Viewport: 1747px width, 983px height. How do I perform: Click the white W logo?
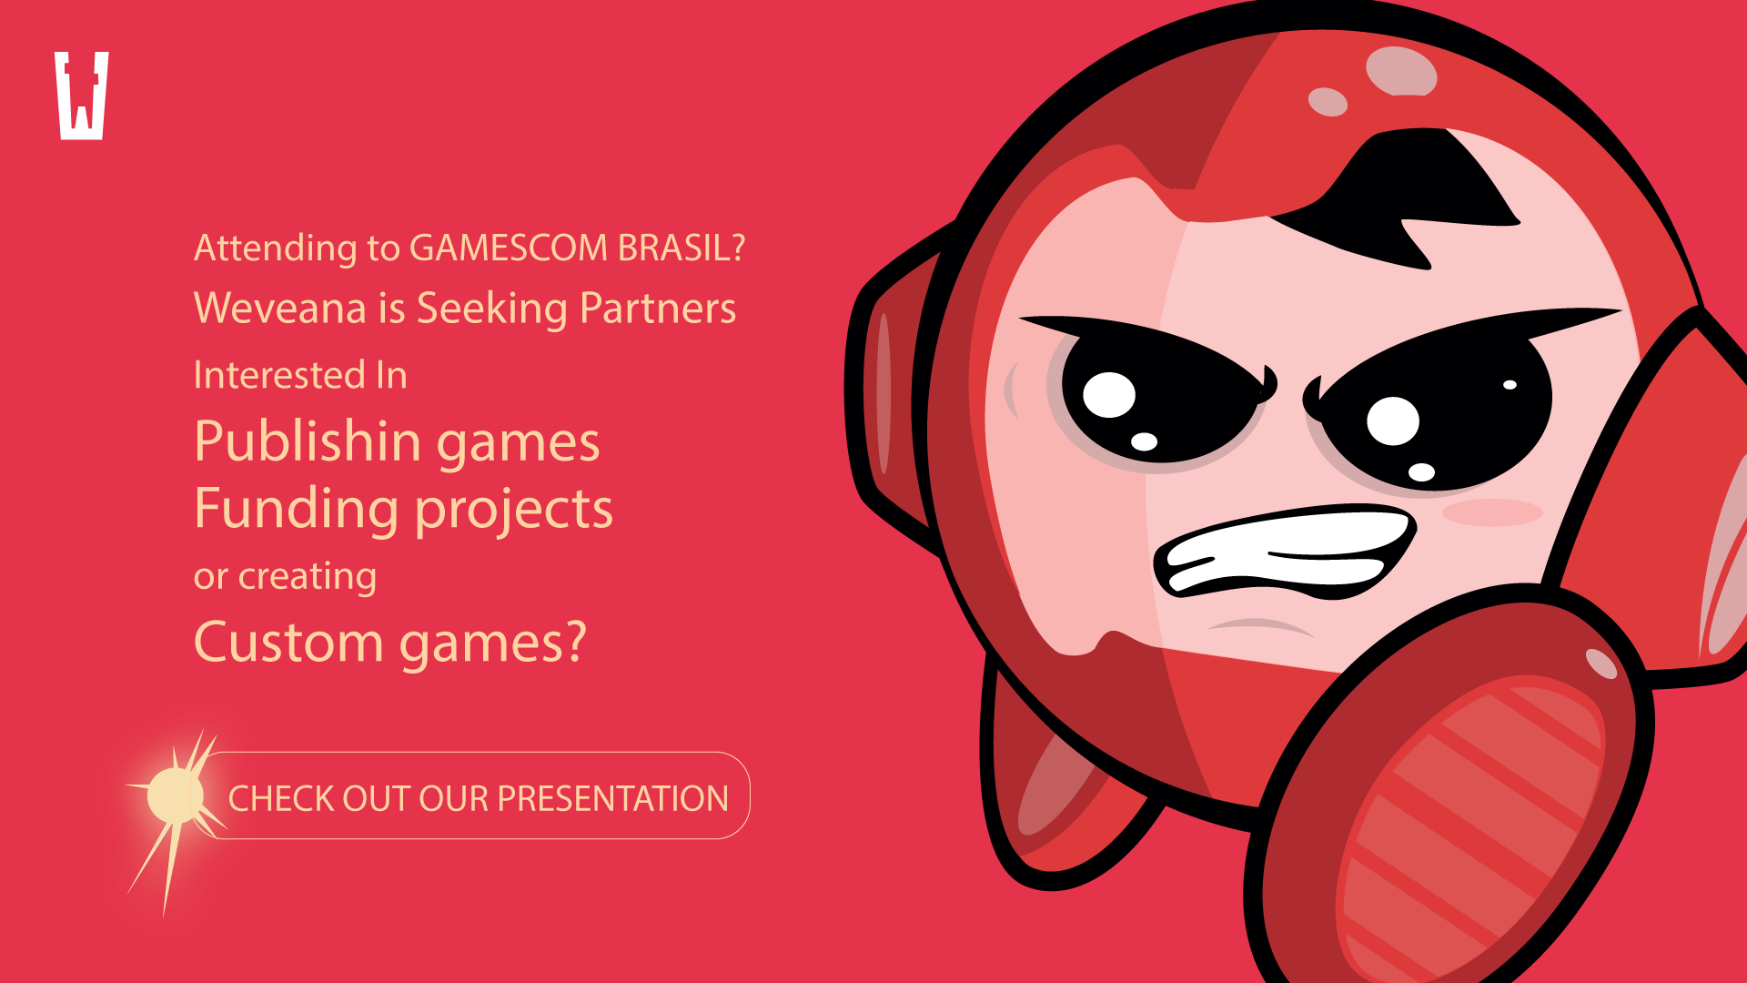(x=82, y=96)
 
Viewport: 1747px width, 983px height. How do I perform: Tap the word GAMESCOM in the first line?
(x=509, y=248)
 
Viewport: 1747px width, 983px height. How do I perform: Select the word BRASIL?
(x=682, y=248)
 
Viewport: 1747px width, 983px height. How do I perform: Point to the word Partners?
(x=657, y=308)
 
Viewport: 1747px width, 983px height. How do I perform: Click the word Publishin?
(x=308, y=442)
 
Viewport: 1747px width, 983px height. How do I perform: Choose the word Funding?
(x=297, y=508)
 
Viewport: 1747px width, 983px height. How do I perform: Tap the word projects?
(x=514, y=508)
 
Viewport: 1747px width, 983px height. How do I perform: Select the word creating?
(x=308, y=577)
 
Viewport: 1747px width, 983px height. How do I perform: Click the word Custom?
(x=289, y=642)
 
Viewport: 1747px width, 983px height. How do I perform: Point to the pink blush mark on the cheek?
(x=1492, y=512)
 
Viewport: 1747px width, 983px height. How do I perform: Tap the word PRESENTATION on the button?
(x=613, y=798)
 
